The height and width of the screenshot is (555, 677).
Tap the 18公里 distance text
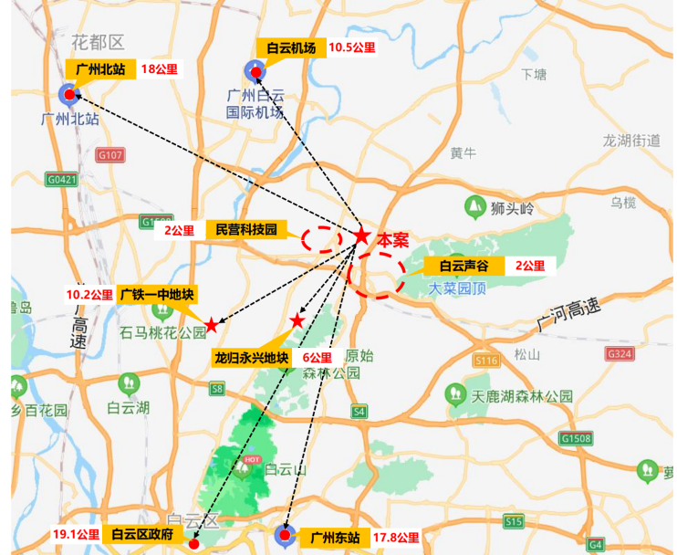pos(160,69)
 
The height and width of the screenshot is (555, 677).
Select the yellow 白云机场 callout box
pos(291,47)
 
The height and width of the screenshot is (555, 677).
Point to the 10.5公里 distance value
pos(351,47)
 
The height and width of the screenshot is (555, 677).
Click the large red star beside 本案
pos(361,236)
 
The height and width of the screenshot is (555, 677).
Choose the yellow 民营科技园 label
pos(246,229)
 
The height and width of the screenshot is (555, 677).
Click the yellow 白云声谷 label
pos(464,267)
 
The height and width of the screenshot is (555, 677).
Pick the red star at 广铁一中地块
pos(211,325)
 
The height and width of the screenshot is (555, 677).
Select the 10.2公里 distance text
pos(89,295)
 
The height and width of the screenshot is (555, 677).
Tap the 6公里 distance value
pos(316,358)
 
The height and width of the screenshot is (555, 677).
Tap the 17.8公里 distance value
pos(396,538)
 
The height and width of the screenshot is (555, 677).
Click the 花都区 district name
pos(97,42)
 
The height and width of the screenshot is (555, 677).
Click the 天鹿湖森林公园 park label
pos(522,396)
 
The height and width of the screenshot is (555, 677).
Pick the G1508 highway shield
pos(577,439)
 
